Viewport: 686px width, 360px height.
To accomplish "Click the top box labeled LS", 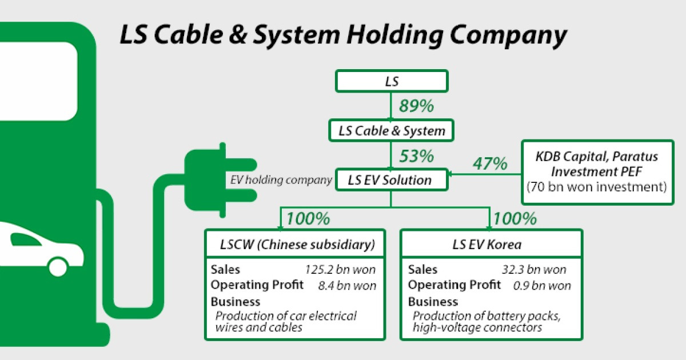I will [392, 81].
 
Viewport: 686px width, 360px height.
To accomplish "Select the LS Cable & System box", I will [392, 131].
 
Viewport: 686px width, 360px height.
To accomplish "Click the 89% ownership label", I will [416, 106].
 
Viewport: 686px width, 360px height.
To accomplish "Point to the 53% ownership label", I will [416, 155].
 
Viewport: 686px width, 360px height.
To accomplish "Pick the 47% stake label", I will [490, 164].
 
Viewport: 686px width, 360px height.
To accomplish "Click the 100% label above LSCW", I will [308, 218].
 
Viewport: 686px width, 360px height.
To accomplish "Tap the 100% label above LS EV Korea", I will [514, 218].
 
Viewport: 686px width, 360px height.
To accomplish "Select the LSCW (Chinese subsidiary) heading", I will [298, 245].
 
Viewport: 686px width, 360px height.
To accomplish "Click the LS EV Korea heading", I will [491, 245].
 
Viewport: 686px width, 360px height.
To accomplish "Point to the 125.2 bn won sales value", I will [341, 270].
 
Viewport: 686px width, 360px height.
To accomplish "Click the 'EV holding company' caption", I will [281, 180].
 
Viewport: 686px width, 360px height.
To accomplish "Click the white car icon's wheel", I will [57, 265].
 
